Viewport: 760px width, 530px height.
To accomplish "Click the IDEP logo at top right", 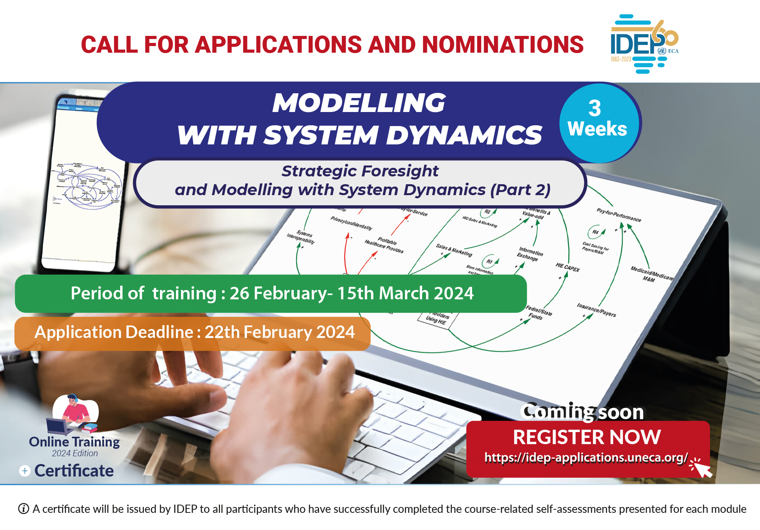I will pyautogui.click(x=644, y=44).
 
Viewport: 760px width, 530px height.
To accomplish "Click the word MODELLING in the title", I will pyautogui.click(x=359, y=103).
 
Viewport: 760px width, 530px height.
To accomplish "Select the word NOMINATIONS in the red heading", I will pyautogui.click(x=503, y=44).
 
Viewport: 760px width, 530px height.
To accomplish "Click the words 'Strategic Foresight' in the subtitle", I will pyautogui.click(x=360, y=171).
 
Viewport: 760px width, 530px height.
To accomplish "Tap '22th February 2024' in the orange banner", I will pyautogui.click(x=279, y=332).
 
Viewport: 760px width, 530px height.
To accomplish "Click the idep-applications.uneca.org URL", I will pyautogui.click(x=586, y=457).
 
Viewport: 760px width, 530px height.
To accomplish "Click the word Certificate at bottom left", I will pyautogui.click(x=74, y=471).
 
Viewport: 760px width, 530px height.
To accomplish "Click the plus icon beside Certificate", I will pyautogui.click(x=25, y=471).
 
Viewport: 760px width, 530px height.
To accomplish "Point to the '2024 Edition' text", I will pyautogui.click(x=75, y=454).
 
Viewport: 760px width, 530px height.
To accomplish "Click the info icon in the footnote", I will pyautogui.click(x=23, y=509).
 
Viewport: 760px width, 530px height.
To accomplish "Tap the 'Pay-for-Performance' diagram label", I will pyautogui.click(x=618, y=215).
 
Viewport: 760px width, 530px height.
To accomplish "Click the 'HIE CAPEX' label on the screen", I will pyautogui.click(x=567, y=267).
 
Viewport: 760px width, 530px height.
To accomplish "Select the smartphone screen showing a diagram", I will pyautogui.click(x=86, y=183).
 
